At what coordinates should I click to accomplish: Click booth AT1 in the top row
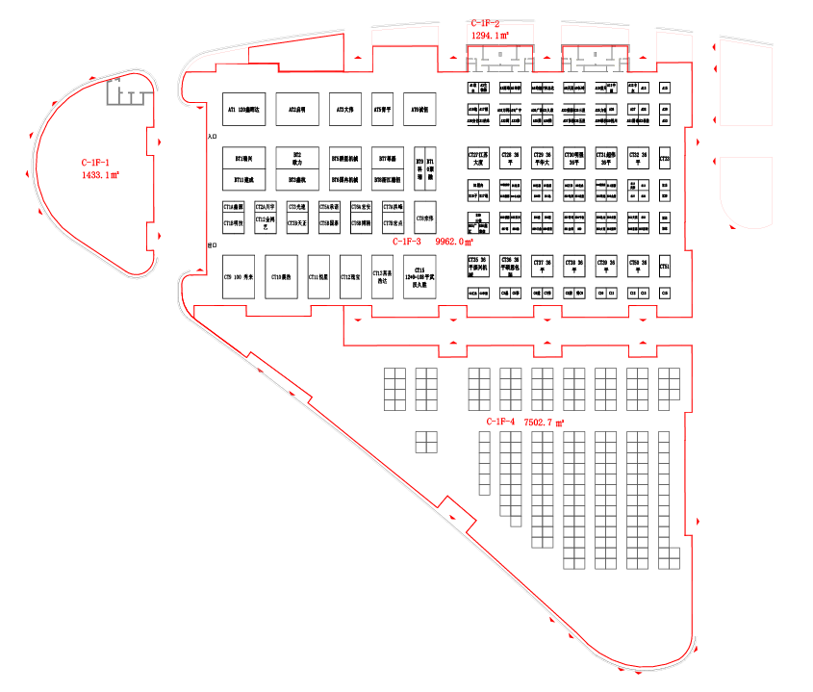tap(243, 111)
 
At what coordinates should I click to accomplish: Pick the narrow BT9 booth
tap(419, 168)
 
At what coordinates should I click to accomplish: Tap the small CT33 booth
tap(665, 157)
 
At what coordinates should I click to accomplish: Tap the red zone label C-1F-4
tap(500, 422)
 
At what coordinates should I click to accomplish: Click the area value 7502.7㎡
tap(544, 422)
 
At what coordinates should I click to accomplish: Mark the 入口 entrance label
tap(213, 138)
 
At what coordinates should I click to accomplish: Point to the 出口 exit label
tap(213, 246)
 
